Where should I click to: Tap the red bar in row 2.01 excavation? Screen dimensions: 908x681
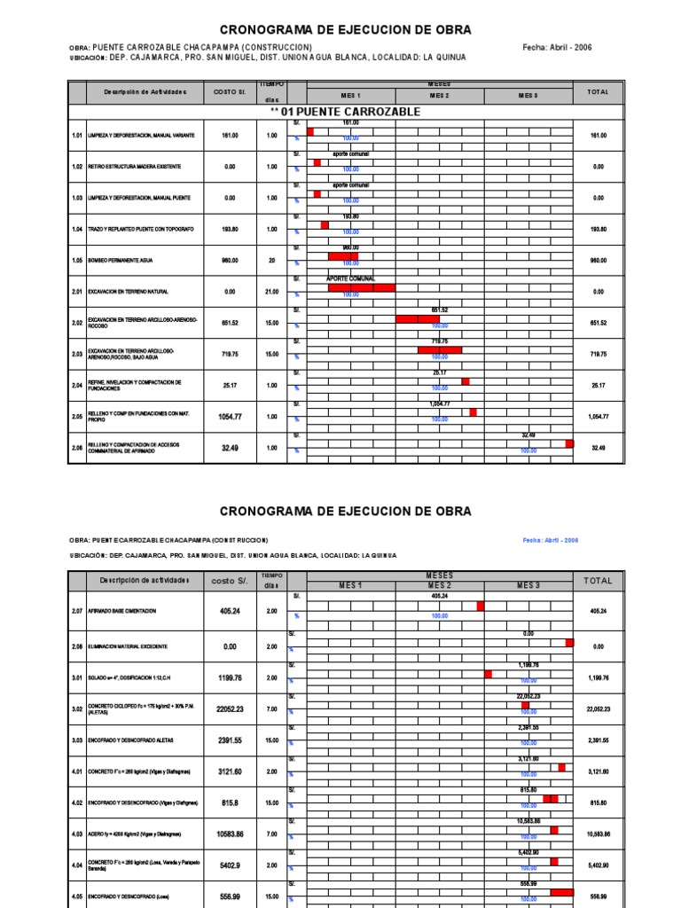[361, 287]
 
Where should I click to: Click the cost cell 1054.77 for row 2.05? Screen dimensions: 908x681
[230, 416]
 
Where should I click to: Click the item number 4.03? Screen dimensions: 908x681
[77, 834]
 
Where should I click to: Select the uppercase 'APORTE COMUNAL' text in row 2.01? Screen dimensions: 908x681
[350, 278]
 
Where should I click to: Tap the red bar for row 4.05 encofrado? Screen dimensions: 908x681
[561, 892]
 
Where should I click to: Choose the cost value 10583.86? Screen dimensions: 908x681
[230, 834]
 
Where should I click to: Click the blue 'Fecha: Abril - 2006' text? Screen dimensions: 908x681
[550, 540]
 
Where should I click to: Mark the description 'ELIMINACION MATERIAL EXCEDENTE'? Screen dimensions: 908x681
[132, 646]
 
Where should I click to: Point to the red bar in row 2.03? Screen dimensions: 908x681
[439, 350]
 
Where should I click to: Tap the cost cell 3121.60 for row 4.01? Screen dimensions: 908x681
[230, 771]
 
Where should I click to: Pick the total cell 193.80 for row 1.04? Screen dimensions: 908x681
[599, 229]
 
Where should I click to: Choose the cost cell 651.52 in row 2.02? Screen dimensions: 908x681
[230, 323]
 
